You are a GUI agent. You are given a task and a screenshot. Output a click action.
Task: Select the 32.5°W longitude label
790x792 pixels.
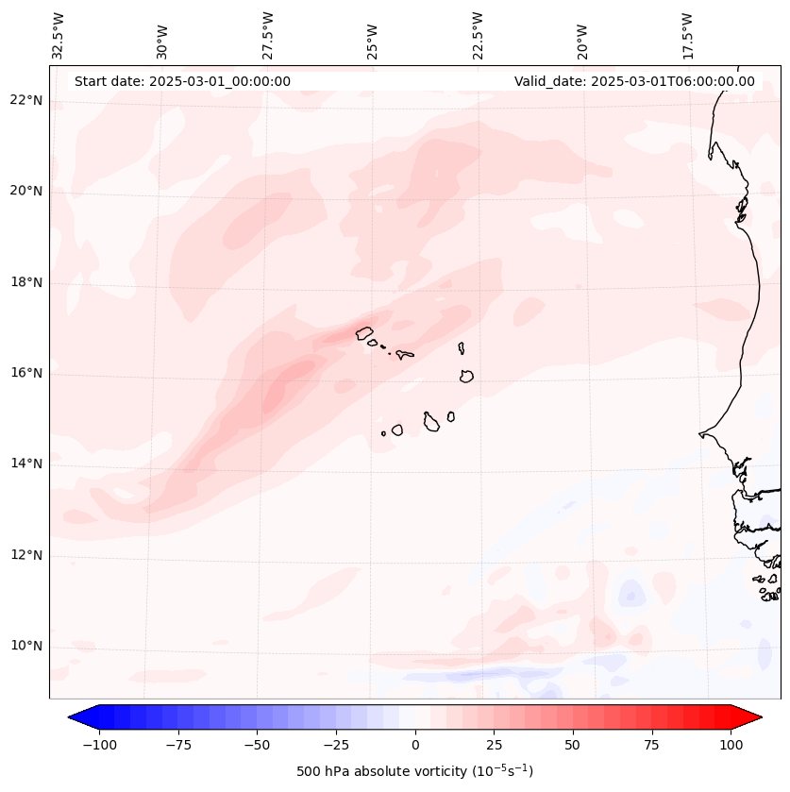pyautogui.click(x=59, y=35)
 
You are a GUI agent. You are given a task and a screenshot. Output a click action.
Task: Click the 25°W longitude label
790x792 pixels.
pyautogui.click(x=373, y=36)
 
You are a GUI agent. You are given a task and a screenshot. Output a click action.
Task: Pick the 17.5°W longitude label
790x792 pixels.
pyautogui.click(x=687, y=35)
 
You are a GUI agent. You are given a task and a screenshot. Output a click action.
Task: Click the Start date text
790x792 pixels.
pyautogui.click(x=182, y=81)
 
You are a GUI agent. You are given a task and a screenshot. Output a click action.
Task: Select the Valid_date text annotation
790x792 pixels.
pyautogui.click(x=634, y=81)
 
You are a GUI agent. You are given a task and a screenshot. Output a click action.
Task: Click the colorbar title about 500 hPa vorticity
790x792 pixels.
pyautogui.click(x=415, y=771)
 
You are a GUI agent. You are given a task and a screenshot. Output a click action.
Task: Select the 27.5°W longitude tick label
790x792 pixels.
pyautogui.click(x=268, y=35)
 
